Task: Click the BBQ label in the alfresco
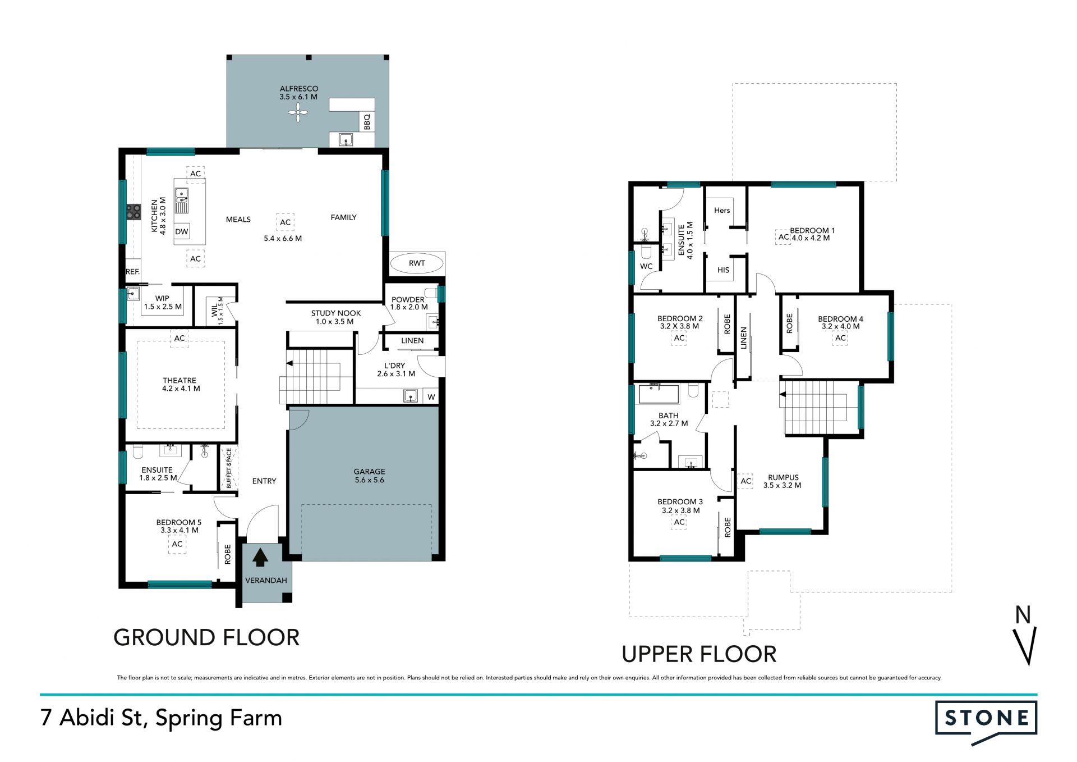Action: (367, 122)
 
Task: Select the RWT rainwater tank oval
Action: (417, 263)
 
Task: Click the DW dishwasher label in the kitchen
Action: (182, 231)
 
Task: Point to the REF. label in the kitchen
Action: (132, 272)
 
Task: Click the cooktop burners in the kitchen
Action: (134, 212)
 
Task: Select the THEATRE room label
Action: (179, 380)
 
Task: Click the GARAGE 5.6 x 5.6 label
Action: (370, 476)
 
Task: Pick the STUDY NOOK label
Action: (336, 313)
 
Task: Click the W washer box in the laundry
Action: (431, 397)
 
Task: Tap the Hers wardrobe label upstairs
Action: (722, 211)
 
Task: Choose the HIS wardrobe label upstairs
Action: (724, 270)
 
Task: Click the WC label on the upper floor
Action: (646, 266)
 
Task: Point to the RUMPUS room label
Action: (783, 477)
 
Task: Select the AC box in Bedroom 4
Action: (840, 338)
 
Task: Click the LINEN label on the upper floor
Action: (744, 338)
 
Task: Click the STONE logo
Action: (986, 722)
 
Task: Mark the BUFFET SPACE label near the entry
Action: (229, 468)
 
